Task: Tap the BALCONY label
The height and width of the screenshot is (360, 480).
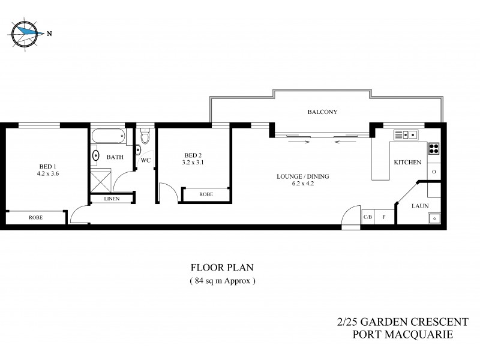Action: (x=322, y=112)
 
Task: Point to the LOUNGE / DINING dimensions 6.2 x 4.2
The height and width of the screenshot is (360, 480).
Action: (x=303, y=184)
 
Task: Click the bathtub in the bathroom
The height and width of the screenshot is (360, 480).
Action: (x=109, y=136)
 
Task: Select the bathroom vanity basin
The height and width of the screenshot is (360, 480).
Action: (x=96, y=157)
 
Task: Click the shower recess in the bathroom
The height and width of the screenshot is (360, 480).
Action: (x=101, y=179)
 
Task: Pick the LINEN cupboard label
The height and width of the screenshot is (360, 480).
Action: (x=112, y=199)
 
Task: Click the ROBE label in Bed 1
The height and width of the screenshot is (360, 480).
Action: (x=35, y=218)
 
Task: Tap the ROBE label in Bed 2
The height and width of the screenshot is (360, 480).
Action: (x=206, y=194)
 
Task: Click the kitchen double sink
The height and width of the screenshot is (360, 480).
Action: (x=409, y=134)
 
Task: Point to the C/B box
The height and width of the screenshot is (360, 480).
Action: (x=367, y=217)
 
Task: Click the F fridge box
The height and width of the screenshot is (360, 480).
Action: (x=384, y=217)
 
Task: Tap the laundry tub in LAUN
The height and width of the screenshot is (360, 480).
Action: (x=434, y=218)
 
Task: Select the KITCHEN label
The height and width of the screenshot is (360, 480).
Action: (x=407, y=163)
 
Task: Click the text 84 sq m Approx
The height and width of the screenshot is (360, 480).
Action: (x=223, y=281)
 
